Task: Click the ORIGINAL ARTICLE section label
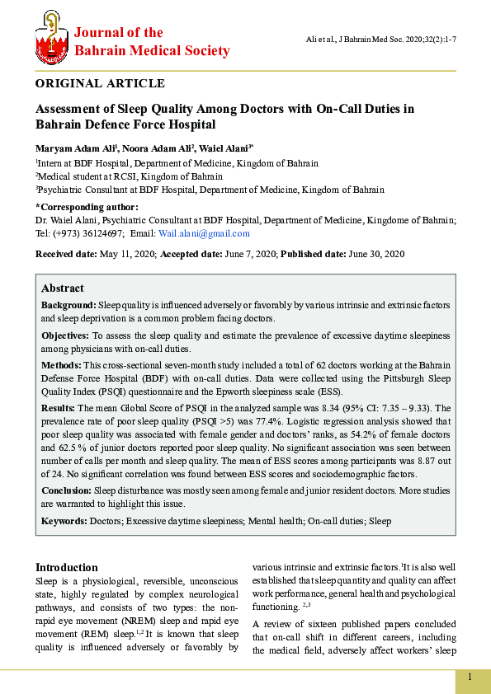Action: coord(100,83)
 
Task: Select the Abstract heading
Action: coord(63,288)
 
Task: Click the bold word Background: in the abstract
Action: coord(68,305)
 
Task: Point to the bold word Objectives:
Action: coord(66,336)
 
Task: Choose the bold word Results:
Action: coord(59,408)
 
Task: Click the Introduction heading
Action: coord(66,567)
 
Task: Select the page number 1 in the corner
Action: coord(470,678)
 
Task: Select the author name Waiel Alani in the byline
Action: coord(224,148)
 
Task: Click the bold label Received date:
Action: coord(66,254)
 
